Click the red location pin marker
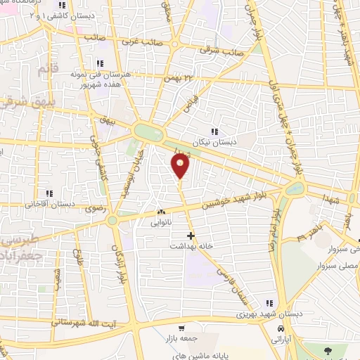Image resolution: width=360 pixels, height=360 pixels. [181, 166]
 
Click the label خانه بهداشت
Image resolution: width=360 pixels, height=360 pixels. [190, 247]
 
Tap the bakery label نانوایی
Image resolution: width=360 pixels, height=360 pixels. [162, 223]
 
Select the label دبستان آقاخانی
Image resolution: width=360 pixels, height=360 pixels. [50, 204]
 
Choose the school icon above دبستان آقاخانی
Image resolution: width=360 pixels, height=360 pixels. [49, 193]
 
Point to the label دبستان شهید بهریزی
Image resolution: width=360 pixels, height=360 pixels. [264, 313]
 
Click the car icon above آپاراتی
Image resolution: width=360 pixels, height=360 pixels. [281, 329]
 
